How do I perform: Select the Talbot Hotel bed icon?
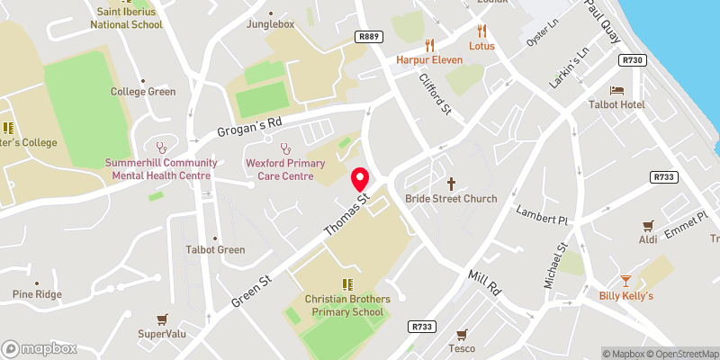[616, 90]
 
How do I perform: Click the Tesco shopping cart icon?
[463, 333]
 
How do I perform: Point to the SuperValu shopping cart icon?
[162, 319]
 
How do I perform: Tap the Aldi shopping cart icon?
[647, 225]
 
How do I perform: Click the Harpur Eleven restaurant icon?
[429, 44]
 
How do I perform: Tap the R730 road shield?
[634, 59]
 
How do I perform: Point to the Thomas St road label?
[346, 214]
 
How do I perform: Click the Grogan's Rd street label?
[249, 129]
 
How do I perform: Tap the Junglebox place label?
[271, 24]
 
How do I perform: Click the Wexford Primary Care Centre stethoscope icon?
[285, 148]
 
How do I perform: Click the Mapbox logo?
[39, 348]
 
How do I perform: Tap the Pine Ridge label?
[37, 294]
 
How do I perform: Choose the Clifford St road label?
[434, 94]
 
